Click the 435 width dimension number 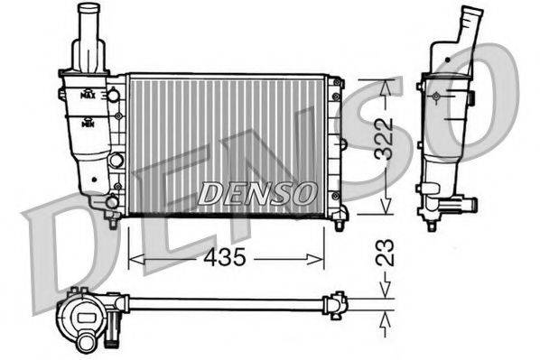tap(224, 259)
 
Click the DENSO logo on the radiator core tap(256, 192)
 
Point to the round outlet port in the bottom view tap(88, 342)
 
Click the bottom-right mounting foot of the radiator tap(340, 216)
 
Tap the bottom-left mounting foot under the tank tap(112, 219)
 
